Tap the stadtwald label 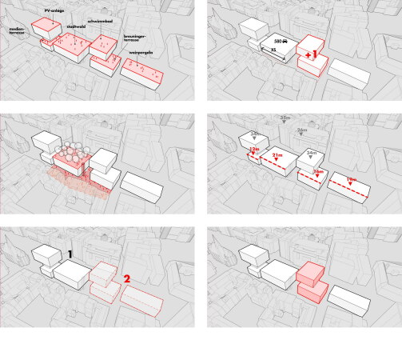tap(78, 25)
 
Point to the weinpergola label tap(140, 54)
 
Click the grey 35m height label tap(285, 118)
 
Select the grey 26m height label tap(301, 130)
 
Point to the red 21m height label tap(278, 155)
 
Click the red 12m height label tap(253, 149)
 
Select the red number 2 tap(125, 279)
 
